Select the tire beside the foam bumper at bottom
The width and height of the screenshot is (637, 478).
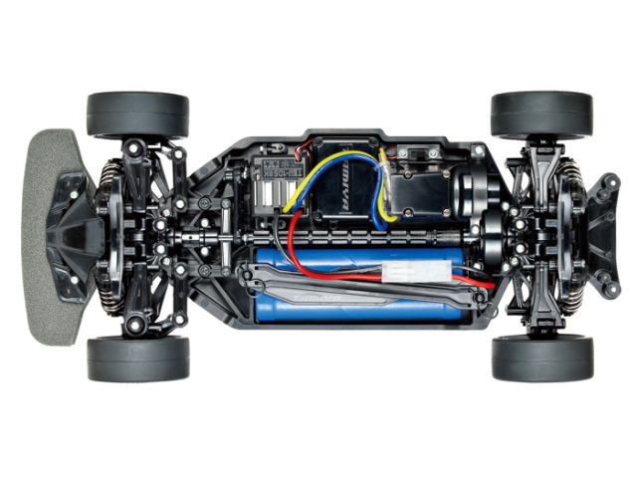pyautogui.click(x=137, y=358)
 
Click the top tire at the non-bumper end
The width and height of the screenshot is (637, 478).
pyautogui.click(x=541, y=114)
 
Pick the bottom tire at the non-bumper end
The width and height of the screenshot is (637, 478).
pyautogui.click(x=541, y=358)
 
